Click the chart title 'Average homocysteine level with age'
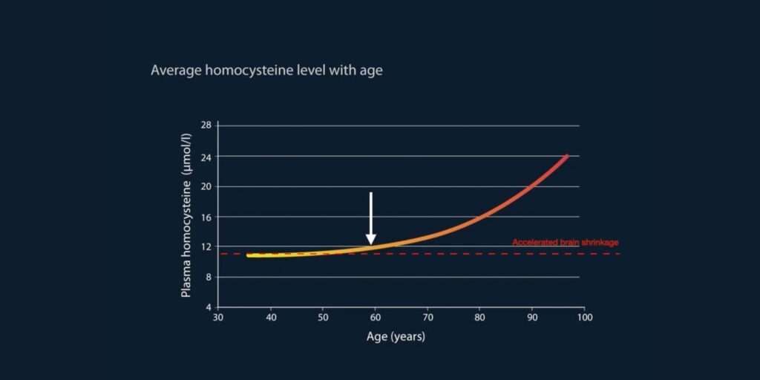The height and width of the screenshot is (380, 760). (x=266, y=71)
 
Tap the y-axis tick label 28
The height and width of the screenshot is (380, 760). (x=206, y=125)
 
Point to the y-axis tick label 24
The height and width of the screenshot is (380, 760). (x=206, y=156)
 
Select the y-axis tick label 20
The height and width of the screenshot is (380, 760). (x=206, y=186)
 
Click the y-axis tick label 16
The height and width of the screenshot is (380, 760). (x=206, y=217)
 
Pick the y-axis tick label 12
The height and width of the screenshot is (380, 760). (x=206, y=246)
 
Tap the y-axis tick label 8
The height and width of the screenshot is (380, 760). (x=209, y=278)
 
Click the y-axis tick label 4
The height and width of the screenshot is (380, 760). (x=209, y=307)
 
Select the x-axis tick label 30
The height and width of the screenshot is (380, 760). (x=218, y=318)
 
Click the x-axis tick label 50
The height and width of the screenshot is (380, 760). (x=323, y=318)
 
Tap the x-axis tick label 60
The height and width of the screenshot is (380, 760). (x=375, y=318)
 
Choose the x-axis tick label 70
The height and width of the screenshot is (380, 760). (x=427, y=318)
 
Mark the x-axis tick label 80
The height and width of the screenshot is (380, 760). (x=480, y=318)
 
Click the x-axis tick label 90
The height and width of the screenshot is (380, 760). (x=532, y=318)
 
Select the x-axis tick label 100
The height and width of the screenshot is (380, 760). (x=585, y=318)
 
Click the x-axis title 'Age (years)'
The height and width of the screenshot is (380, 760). (x=396, y=336)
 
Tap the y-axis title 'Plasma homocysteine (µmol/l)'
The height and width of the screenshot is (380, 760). (x=186, y=216)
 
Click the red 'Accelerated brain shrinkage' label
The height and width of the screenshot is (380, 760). (x=565, y=243)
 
